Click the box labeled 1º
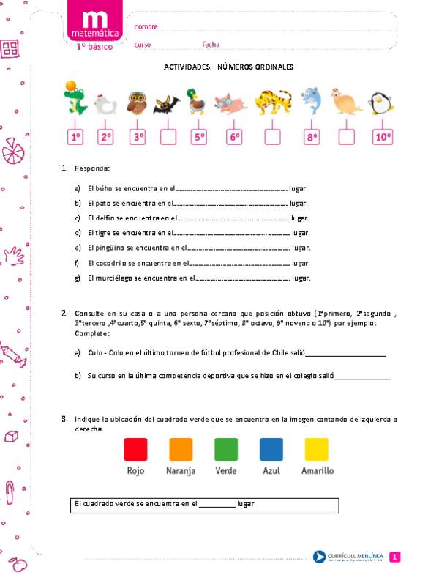tap(75, 136)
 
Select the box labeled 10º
tap(383, 136)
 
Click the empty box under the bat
tap(168, 136)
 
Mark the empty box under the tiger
tap(272, 136)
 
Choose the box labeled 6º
tap(234, 136)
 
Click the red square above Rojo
tap(135, 448)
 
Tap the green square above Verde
tap(225, 448)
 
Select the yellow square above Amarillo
tap(316, 448)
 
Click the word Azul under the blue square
tap(271, 470)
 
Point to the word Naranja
tap(181, 470)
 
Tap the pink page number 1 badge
tap(394, 557)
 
